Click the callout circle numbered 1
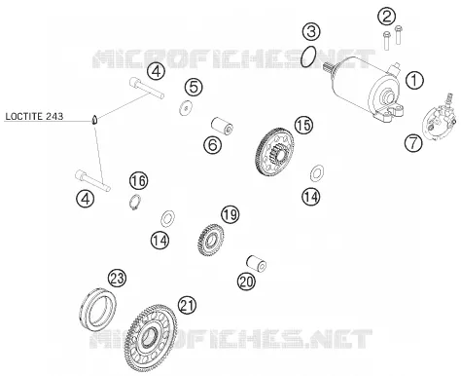click(x=414, y=80)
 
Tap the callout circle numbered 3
click(x=311, y=31)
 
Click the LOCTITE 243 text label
click(x=34, y=116)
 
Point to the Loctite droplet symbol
click(x=94, y=120)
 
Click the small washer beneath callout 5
click(x=186, y=108)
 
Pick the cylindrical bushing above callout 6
click(x=223, y=126)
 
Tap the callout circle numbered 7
click(x=413, y=143)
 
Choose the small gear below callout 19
click(x=211, y=241)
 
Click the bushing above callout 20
click(x=257, y=263)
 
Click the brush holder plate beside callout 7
click(x=440, y=119)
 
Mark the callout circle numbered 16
click(x=138, y=180)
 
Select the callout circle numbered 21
click(x=187, y=305)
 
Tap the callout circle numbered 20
click(x=246, y=282)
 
